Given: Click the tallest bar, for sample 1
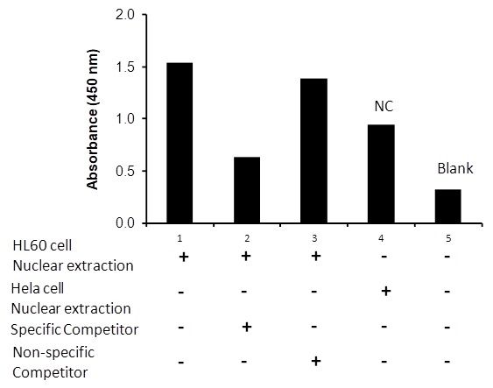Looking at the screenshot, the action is tap(180, 143).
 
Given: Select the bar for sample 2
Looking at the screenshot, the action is tap(247, 190).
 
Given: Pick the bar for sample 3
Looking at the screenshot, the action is tap(313, 151).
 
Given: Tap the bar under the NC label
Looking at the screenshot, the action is tap(381, 174).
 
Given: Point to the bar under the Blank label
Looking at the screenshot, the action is tap(448, 207).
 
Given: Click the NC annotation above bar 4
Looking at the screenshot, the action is tap(384, 106).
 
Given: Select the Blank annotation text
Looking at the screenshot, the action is tap(455, 168).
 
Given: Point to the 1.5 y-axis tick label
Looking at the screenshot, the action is tap(125, 67).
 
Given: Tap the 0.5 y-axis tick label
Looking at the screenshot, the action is tap(125, 171).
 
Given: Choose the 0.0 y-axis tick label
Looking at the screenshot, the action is tap(125, 223).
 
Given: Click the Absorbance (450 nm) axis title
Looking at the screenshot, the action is tap(93, 119).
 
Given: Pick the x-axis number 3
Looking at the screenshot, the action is tap(314, 238).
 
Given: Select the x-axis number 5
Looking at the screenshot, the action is tap(448, 238).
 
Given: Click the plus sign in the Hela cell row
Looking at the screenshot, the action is tap(386, 292).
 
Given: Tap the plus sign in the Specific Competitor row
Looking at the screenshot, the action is tap(247, 327).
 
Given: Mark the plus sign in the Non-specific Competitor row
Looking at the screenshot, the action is tap(316, 361).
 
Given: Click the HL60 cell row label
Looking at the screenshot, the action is tap(42, 245).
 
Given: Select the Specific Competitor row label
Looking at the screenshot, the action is tap(74, 330).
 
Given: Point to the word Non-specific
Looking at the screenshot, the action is tap(53, 352).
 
